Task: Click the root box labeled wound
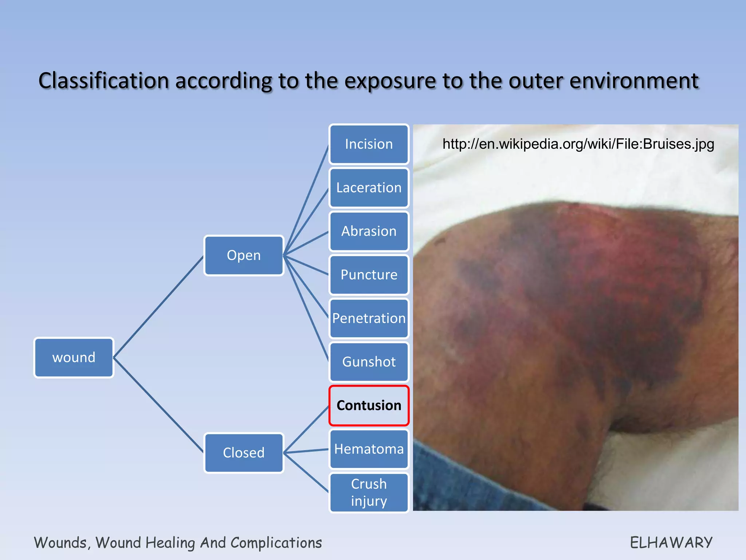pos(74,357)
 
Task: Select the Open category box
pos(244,255)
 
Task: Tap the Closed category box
pos(244,452)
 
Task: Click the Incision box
pos(369,144)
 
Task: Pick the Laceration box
pos(369,187)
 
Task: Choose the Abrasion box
pos(369,231)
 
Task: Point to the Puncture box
pos(369,275)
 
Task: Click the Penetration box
pos(369,318)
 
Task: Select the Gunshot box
pos(369,362)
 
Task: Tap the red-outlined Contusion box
pos(369,405)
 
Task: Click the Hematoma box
pos(369,449)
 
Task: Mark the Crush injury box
pos(369,492)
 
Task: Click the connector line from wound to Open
pos(158,307)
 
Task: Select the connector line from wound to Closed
pos(158,405)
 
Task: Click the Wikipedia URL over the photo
pos(578,144)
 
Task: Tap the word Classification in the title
pos(103,81)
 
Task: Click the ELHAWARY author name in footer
pos(671,542)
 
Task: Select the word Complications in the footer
pos(276,542)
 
